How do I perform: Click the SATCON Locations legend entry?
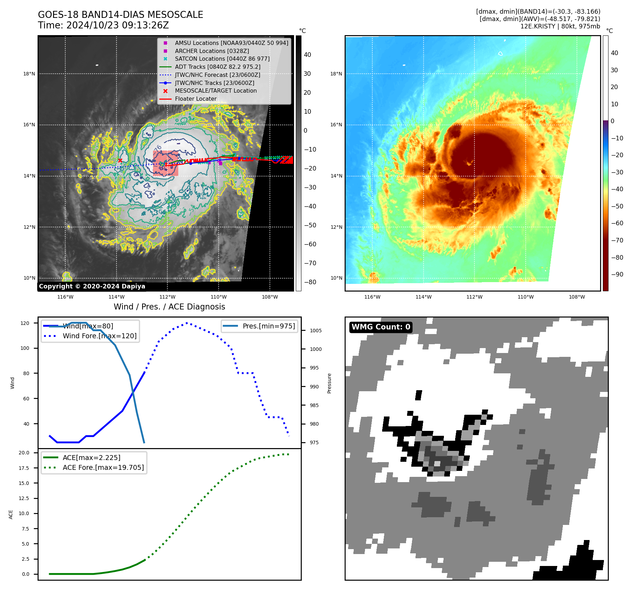(x=222, y=59)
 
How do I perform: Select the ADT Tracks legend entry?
(x=218, y=67)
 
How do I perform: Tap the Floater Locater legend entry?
(x=195, y=99)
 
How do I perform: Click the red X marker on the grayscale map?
(x=120, y=160)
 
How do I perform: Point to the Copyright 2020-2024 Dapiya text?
(x=92, y=286)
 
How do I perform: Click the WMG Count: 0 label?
(x=381, y=327)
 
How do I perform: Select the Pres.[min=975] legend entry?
(x=268, y=326)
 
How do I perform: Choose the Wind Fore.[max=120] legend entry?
(x=99, y=336)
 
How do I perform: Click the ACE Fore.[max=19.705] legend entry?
(x=103, y=468)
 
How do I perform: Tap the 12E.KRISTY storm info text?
(x=560, y=26)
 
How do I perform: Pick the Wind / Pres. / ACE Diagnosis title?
(x=169, y=307)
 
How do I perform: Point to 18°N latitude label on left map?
(x=29, y=74)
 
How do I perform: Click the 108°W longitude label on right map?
(x=577, y=297)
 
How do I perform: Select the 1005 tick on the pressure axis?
(x=315, y=331)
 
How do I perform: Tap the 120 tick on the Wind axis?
(x=25, y=323)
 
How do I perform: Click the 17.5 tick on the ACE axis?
(x=24, y=468)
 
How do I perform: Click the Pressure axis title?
(x=329, y=383)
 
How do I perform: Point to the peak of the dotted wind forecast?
(x=187, y=323)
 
